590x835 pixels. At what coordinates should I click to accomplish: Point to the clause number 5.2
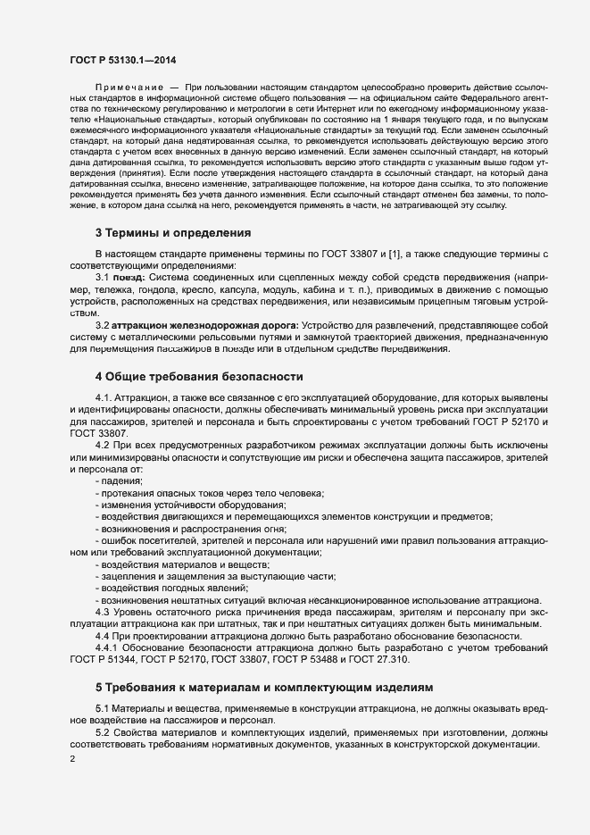tap(104, 732)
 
